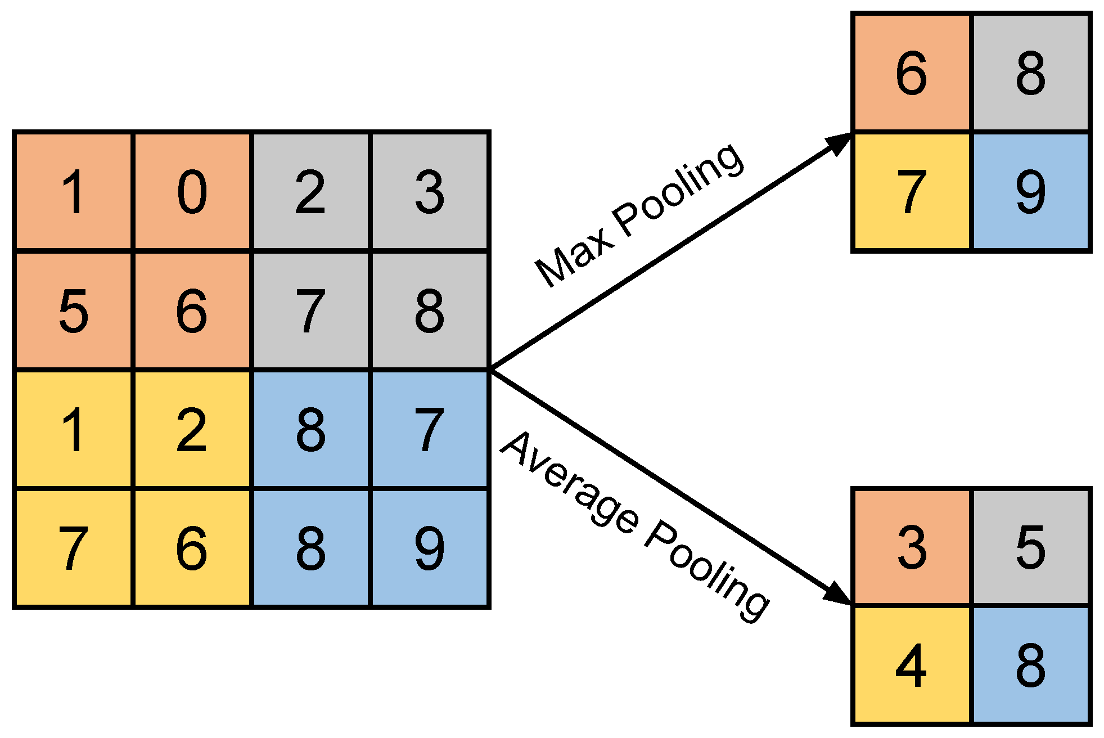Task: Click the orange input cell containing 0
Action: (192, 192)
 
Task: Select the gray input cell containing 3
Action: (430, 192)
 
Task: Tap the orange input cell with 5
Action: (73, 310)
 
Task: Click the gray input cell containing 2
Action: (310, 192)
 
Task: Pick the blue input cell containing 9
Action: (430, 548)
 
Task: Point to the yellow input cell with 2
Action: (192, 430)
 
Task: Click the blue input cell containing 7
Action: (430, 430)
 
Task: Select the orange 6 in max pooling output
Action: (912, 73)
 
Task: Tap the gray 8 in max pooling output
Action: (1031, 73)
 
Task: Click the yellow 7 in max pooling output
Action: (912, 192)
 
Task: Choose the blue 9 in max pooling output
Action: (1031, 192)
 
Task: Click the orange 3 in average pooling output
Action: (912, 547)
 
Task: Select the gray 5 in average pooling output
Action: (1031, 547)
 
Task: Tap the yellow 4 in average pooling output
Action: (912, 665)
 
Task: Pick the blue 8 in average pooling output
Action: (1031, 665)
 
